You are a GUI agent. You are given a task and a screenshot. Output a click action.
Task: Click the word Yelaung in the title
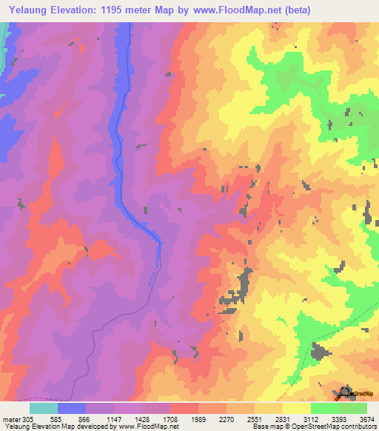tap(27, 10)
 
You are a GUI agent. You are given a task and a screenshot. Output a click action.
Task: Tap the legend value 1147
tap(115, 419)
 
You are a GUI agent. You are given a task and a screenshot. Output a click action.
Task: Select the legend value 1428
tap(143, 419)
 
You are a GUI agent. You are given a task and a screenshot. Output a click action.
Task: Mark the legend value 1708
tap(171, 419)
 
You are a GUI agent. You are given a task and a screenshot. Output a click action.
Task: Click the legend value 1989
tap(199, 419)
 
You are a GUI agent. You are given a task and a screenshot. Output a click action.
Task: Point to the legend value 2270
tap(227, 419)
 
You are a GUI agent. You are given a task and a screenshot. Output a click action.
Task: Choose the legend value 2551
tap(255, 419)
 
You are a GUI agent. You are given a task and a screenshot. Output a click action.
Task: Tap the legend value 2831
tap(284, 419)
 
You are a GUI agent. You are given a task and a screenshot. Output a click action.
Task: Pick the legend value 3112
tap(312, 419)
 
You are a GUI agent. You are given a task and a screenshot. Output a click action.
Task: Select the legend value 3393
tap(339, 419)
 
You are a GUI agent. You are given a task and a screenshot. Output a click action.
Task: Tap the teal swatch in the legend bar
tap(44, 408)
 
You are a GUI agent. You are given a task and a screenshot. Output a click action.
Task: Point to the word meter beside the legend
tap(10, 419)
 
